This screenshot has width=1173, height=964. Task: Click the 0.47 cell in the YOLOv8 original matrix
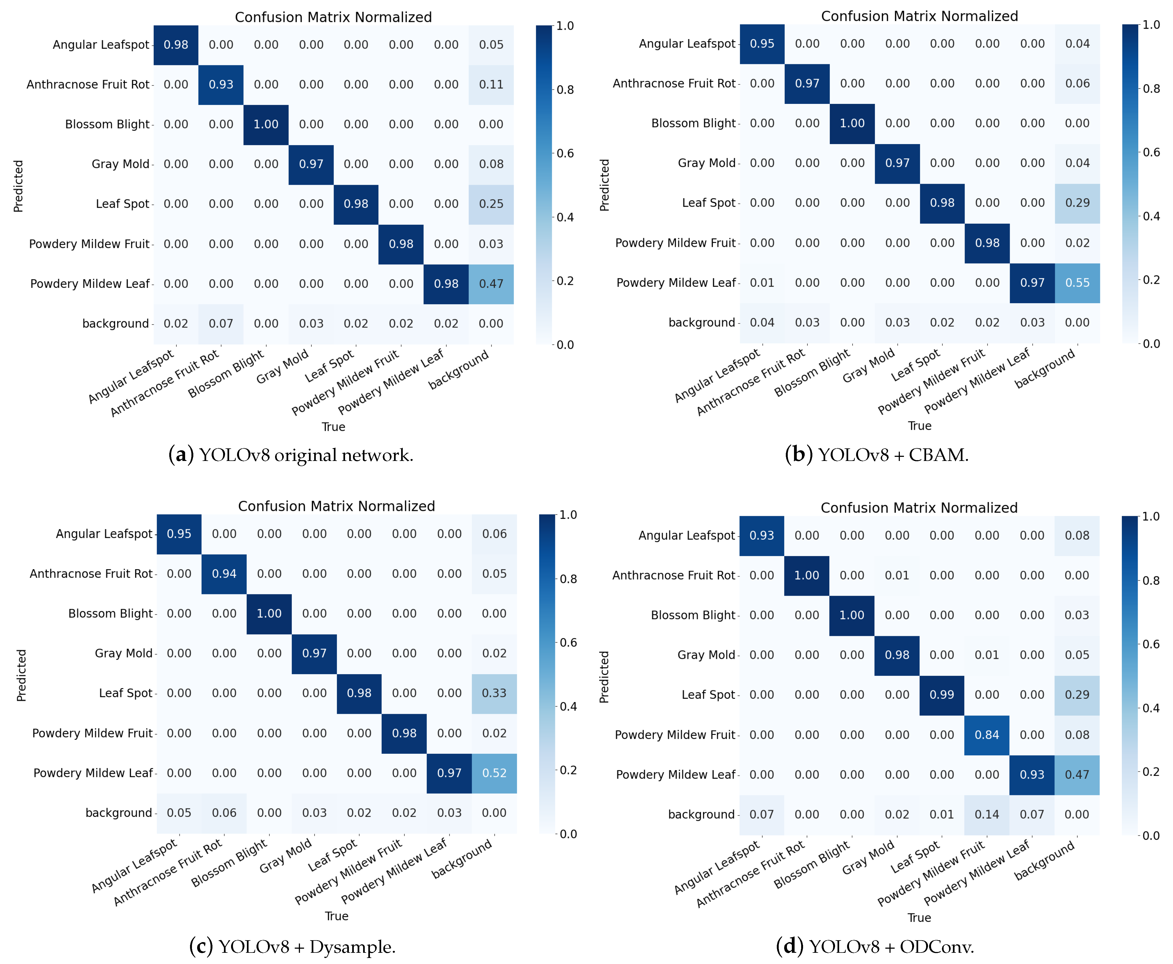point(491,284)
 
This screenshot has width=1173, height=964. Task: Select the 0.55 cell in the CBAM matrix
point(1077,283)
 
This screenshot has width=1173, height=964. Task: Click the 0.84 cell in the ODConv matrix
point(987,735)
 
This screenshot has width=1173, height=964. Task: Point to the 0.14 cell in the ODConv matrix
point(987,815)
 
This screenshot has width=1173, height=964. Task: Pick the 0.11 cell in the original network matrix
point(491,84)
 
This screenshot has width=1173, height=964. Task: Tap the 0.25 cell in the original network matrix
point(491,204)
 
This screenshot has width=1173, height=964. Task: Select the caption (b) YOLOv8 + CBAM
point(876,455)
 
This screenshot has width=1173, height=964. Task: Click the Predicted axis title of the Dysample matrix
point(21,675)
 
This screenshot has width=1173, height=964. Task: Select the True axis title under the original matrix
point(333,427)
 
